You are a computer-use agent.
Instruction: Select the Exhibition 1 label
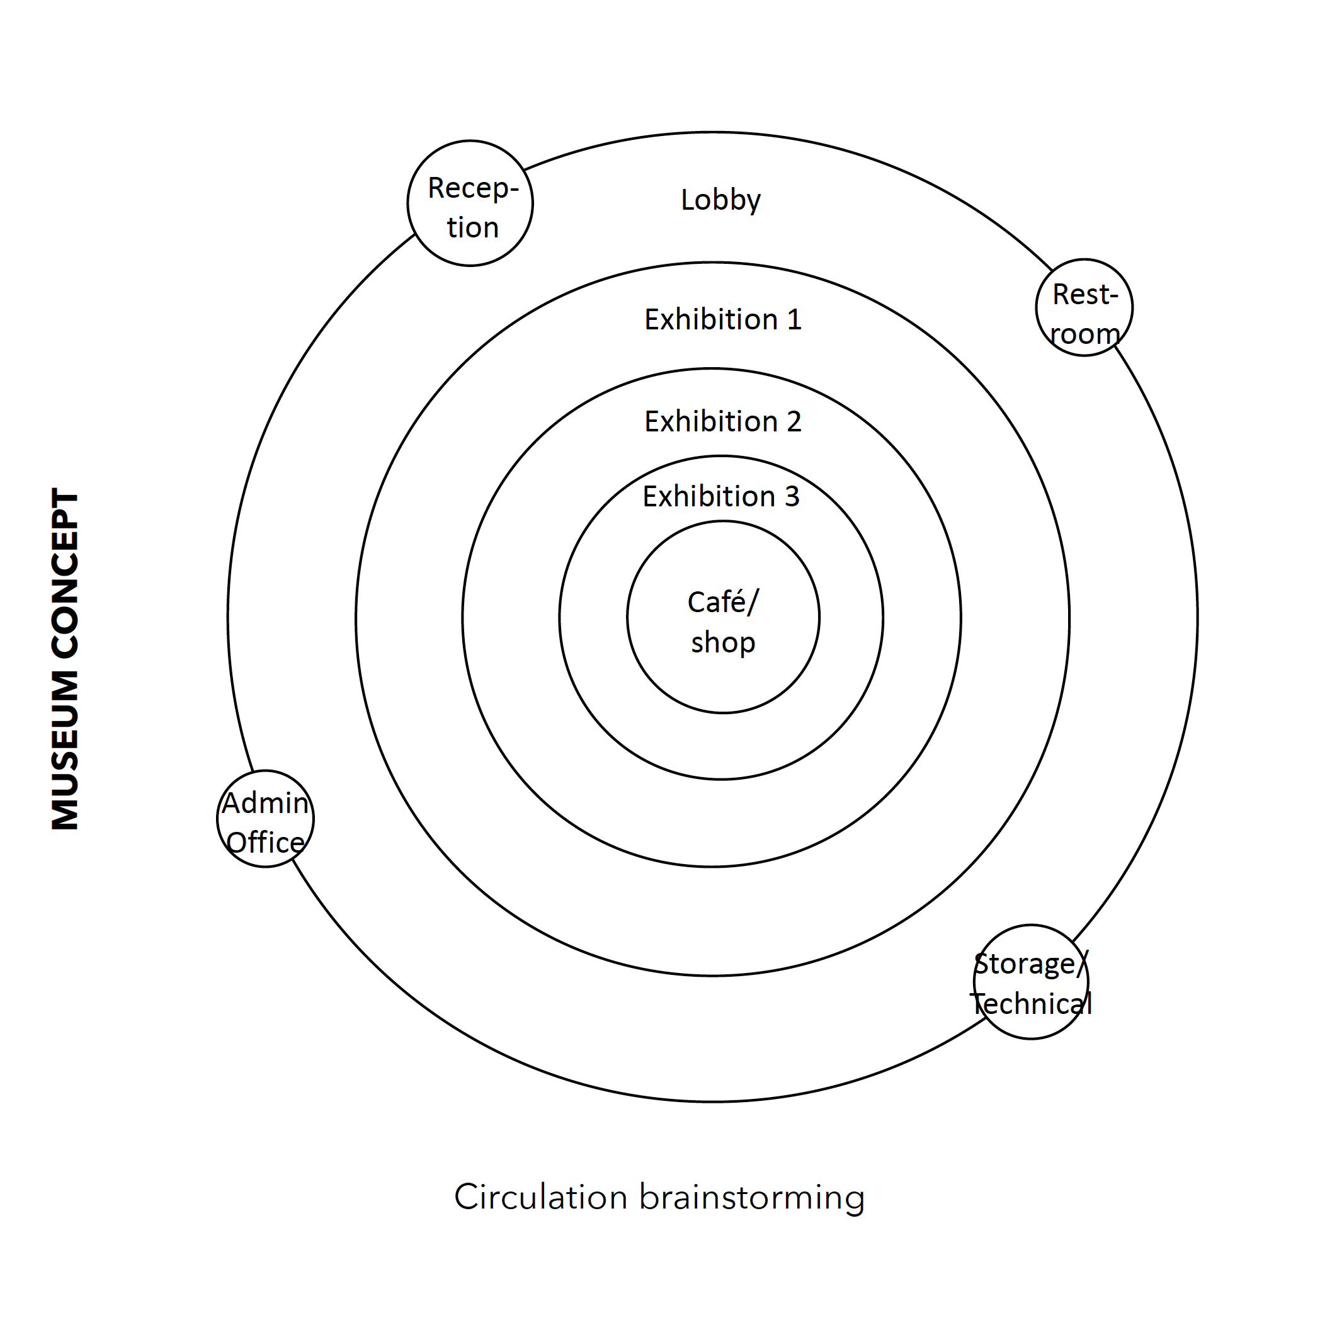click(x=722, y=320)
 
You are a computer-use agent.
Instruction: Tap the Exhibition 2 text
click(x=722, y=421)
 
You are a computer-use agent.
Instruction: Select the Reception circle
click(x=470, y=203)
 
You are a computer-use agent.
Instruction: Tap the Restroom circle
click(x=1084, y=307)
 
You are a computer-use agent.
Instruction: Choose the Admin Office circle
click(x=265, y=819)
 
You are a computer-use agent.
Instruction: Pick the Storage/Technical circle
click(x=1030, y=982)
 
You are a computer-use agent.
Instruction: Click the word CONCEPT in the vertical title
click(x=65, y=574)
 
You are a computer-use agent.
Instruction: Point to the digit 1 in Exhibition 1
click(x=794, y=320)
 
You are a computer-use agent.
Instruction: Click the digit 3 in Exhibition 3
click(x=791, y=497)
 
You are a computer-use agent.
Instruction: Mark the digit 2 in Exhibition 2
click(x=794, y=421)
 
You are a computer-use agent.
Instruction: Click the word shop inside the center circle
click(x=723, y=643)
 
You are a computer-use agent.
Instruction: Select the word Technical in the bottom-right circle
click(x=1031, y=1004)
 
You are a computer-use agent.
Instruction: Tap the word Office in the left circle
click(x=265, y=843)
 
